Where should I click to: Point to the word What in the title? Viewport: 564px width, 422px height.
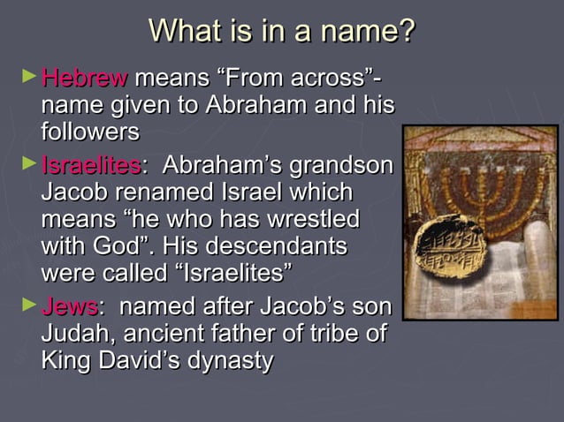tap(183, 31)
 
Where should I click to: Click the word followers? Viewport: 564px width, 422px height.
tap(90, 133)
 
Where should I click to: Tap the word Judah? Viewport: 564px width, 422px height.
tap(74, 335)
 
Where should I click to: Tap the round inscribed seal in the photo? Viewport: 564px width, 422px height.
tap(451, 245)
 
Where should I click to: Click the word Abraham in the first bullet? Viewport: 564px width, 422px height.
tap(254, 106)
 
